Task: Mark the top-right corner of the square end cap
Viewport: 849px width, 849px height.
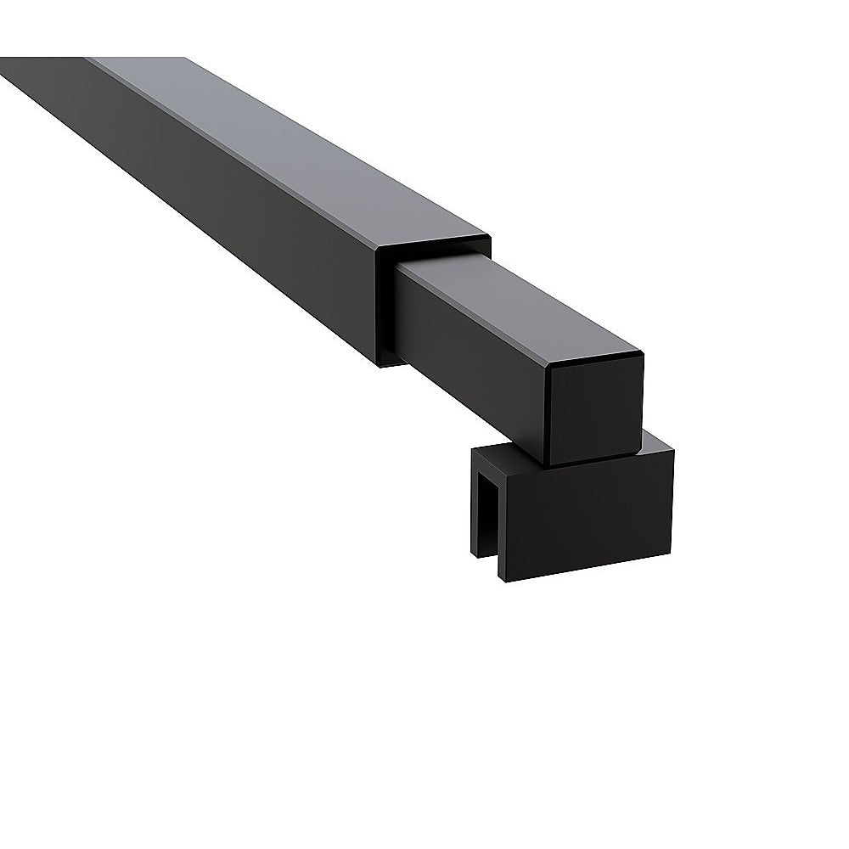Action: click(643, 355)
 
